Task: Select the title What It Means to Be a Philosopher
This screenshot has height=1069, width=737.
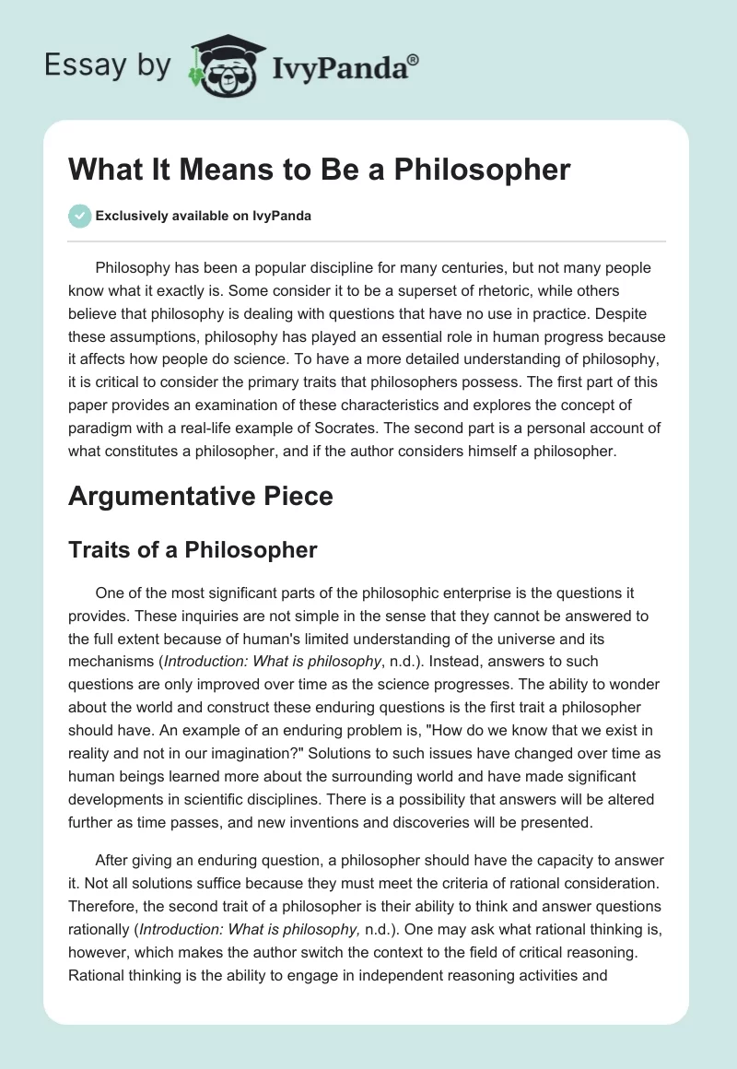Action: click(320, 170)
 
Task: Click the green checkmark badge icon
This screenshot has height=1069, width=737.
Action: click(79, 216)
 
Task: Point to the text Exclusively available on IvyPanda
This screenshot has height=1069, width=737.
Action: click(203, 217)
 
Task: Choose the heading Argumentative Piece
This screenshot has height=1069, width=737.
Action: click(201, 496)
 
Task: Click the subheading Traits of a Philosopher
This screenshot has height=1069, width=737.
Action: click(193, 550)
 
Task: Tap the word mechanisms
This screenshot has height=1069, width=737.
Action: click(111, 662)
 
